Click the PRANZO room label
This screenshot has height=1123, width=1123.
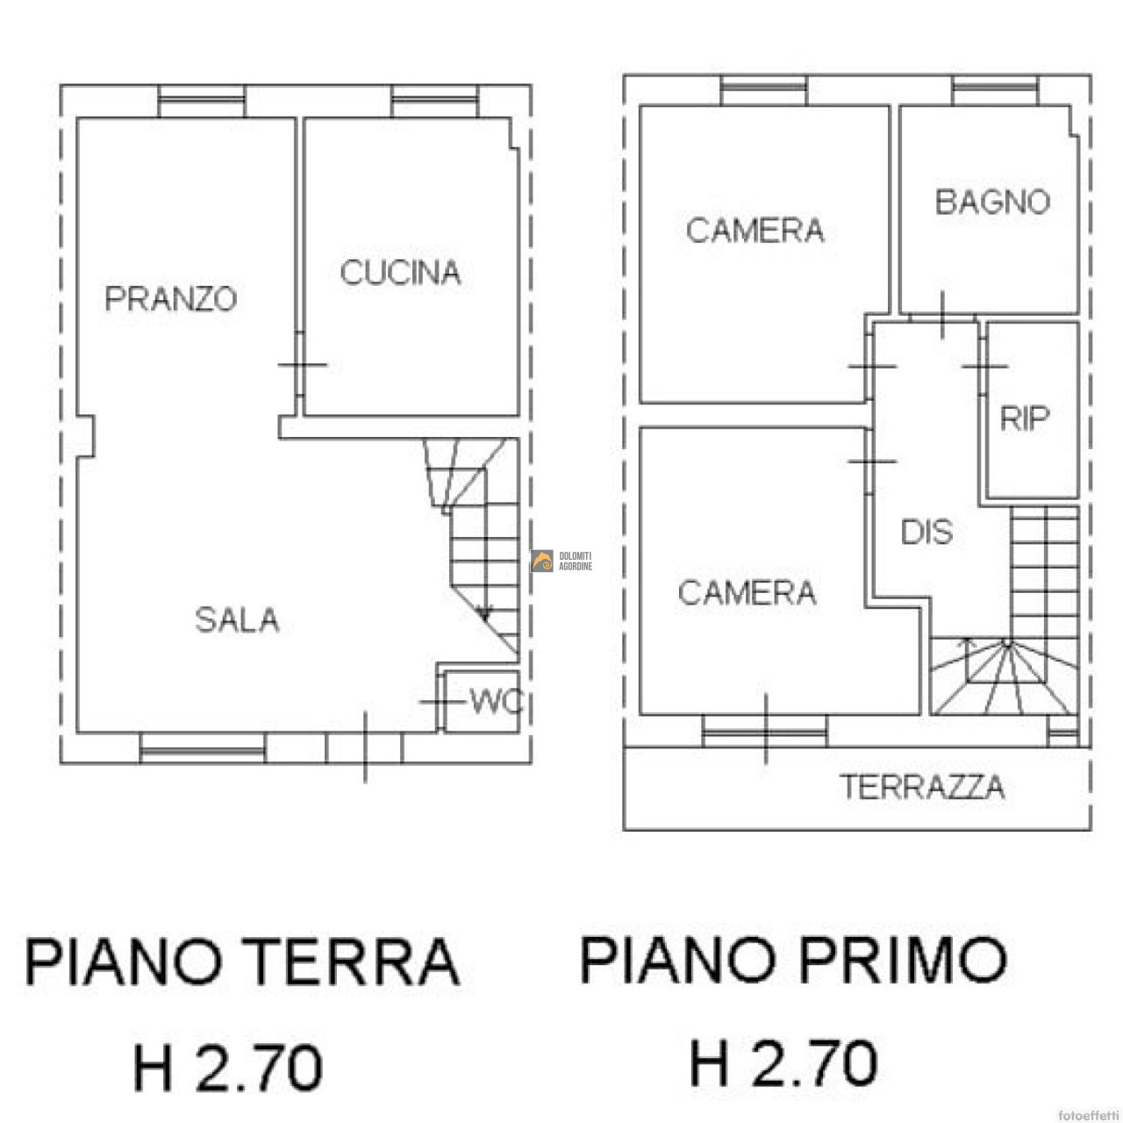(x=171, y=298)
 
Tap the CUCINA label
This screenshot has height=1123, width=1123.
(x=400, y=272)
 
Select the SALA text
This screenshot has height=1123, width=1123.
(x=237, y=619)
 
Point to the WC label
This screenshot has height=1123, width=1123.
(x=496, y=702)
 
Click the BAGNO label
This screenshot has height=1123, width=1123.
(x=992, y=202)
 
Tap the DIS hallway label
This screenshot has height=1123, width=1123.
(x=926, y=532)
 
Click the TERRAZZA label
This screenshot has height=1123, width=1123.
(x=922, y=787)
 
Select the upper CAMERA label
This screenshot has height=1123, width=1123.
(x=755, y=230)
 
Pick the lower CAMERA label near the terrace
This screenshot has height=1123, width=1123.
(x=747, y=592)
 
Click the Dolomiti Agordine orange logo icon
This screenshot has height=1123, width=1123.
(x=542, y=561)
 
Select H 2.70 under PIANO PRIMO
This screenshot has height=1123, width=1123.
(x=783, y=1063)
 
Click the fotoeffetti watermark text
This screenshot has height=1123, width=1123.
(x=1089, y=1114)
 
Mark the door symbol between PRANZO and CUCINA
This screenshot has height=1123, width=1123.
(x=301, y=365)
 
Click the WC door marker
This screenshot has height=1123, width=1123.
(x=442, y=702)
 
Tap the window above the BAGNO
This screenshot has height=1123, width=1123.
(x=995, y=89)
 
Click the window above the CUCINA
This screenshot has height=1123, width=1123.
(x=435, y=101)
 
